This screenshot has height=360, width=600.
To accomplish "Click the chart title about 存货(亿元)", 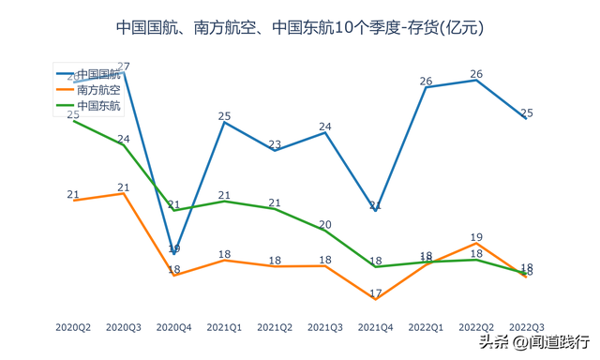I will (300, 27).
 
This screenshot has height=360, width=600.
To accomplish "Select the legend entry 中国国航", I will (97, 73).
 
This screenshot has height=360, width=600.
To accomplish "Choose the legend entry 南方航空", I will (97, 90).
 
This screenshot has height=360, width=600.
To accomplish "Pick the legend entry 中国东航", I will (97, 106).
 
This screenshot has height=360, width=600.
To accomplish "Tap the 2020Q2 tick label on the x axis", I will (73, 327).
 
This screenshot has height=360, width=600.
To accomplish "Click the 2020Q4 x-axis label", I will (173, 327).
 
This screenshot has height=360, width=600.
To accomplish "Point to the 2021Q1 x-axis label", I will (224, 327).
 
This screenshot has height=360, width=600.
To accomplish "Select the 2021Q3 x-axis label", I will (324, 327).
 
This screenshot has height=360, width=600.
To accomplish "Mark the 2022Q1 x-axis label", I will (426, 327).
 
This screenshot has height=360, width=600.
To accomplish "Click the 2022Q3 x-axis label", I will (526, 327).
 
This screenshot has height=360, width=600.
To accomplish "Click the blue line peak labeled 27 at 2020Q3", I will (124, 67).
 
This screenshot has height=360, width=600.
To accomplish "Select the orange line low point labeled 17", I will (375, 294).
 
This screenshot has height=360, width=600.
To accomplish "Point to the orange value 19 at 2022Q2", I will (476, 237).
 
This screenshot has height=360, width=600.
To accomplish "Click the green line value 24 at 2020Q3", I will (124, 138).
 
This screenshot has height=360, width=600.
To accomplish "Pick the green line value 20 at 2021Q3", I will (324, 225).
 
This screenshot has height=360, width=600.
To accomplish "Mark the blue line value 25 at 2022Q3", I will (526, 113).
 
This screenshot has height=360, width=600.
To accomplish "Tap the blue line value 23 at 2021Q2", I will (275, 144).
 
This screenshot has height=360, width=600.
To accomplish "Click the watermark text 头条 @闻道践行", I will (535, 343).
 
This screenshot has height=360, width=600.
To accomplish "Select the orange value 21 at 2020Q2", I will (73, 195).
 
